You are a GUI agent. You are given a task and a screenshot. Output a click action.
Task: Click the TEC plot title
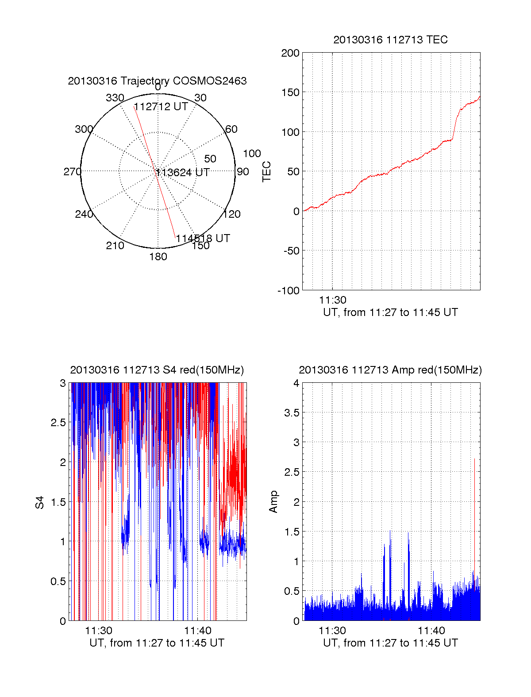click(x=390, y=40)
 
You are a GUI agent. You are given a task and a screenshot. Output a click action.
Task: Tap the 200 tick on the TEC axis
click(x=290, y=53)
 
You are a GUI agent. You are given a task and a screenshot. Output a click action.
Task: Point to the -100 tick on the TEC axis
click(x=289, y=291)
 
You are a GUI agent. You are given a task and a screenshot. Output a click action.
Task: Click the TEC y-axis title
click(x=266, y=172)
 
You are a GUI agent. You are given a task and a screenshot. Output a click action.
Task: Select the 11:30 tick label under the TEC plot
click(x=333, y=300)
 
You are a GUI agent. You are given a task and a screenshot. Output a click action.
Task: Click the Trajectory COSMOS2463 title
click(x=157, y=81)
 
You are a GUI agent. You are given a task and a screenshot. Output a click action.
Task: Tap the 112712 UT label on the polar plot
click(x=161, y=107)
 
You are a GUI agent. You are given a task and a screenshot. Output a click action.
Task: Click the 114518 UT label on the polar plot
click(x=203, y=239)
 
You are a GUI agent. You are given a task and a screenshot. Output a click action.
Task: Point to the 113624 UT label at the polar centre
click(x=183, y=173)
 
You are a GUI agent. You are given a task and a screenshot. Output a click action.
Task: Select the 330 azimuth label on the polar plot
click(x=115, y=98)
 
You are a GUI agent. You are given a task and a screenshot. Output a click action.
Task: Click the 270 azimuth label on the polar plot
click(x=73, y=172)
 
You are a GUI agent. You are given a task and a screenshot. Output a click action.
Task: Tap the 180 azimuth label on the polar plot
click(x=158, y=257)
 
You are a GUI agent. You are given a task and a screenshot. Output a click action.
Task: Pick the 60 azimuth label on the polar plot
click(x=231, y=129)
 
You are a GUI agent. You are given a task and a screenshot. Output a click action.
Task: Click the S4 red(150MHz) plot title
click(x=157, y=370)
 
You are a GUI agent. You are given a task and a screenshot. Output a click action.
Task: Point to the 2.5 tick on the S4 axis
click(x=58, y=423)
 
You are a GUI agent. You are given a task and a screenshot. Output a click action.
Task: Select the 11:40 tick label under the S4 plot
click(x=198, y=631)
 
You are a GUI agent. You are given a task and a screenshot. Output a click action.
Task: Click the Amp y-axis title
click(x=273, y=502)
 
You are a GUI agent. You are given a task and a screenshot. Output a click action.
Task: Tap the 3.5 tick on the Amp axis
click(x=292, y=413)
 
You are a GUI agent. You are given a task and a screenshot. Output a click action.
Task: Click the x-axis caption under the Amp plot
click(x=390, y=643)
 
